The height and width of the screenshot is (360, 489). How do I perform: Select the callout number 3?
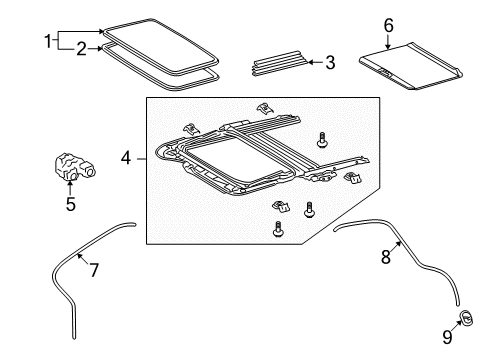[329, 62]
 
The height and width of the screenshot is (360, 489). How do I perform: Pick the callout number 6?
[389, 24]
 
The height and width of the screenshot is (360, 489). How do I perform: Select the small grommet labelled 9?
[466, 318]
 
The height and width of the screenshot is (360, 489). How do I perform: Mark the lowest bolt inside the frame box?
[277, 228]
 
